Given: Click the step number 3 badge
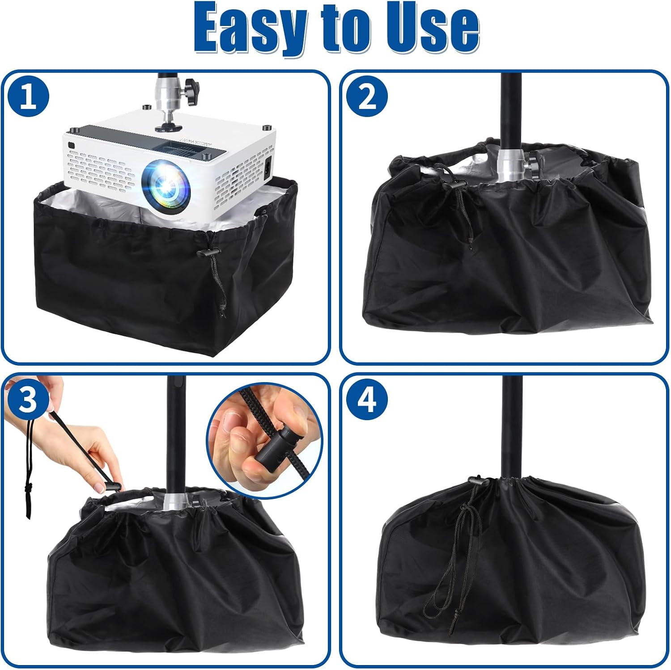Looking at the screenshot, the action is coord(28,400).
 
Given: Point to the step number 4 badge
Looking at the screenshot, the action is coord(368,400).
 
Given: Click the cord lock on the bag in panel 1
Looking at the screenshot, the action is coord(206,253).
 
